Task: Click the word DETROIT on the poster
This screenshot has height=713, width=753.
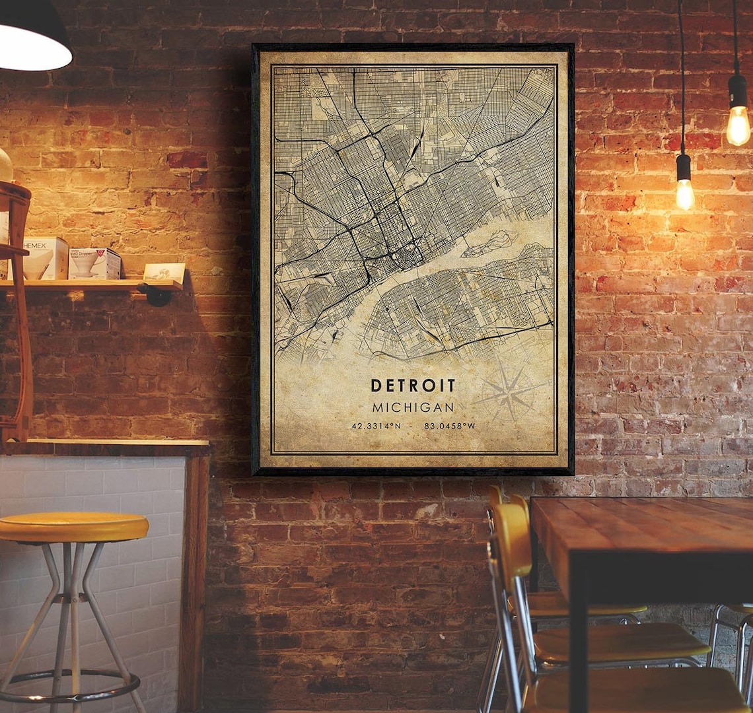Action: tap(413, 386)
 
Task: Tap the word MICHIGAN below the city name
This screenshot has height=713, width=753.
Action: tap(413, 407)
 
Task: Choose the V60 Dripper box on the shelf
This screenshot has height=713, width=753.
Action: tap(94, 263)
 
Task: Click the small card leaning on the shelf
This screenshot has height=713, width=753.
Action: tap(164, 272)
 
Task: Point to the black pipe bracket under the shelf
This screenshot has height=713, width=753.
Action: tap(157, 295)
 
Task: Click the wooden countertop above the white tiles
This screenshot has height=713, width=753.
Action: tap(106, 447)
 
